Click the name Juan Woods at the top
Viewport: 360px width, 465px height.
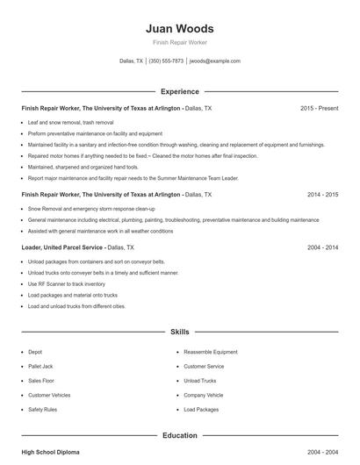coord(179,28)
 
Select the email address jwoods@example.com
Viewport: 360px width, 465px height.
coord(214,61)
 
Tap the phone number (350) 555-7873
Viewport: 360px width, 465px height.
coord(166,61)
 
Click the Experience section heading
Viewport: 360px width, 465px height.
coord(179,91)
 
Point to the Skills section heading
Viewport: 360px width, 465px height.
coord(179,333)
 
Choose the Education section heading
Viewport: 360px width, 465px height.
coord(179,435)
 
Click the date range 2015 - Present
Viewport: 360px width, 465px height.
coord(319,108)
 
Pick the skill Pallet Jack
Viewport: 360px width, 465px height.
coord(41,366)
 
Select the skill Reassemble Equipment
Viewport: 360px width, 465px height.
coord(210,352)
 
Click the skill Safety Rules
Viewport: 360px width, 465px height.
coord(42,410)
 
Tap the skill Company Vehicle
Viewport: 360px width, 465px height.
coord(204,396)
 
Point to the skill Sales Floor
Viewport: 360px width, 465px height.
coord(41,381)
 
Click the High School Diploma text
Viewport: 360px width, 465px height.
coord(50,452)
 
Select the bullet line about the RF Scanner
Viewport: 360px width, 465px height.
coord(66,284)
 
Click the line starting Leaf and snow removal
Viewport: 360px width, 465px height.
coord(70,122)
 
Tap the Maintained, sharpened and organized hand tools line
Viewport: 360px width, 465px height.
coord(83,167)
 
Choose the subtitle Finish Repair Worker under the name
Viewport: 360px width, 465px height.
coord(179,42)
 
